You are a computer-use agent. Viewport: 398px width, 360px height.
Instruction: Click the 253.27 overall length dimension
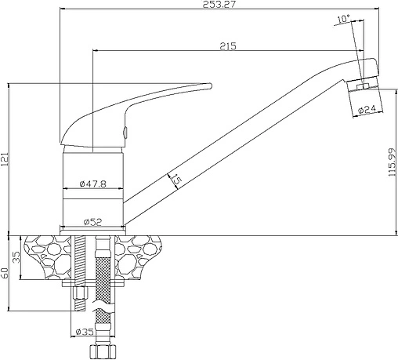pyautogui.click(x=219, y=5)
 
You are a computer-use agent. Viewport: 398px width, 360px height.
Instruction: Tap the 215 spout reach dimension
pyautogui.click(x=228, y=46)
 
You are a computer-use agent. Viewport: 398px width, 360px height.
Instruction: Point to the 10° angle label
pyautogui.click(x=343, y=19)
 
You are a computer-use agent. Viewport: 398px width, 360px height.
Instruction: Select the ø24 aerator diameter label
pyautogui.click(x=367, y=109)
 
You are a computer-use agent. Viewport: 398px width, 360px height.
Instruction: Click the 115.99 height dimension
pyautogui.click(x=393, y=162)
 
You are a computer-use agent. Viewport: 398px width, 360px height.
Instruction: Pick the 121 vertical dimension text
pyautogui.click(x=5, y=159)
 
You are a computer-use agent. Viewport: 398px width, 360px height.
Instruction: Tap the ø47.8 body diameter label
pyautogui.click(x=93, y=184)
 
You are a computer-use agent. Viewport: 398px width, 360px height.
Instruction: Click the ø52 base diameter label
pyautogui.click(x=93, y=222)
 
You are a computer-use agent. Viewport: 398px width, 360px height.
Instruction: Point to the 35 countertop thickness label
pyautogui.click(x=16, y=257)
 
